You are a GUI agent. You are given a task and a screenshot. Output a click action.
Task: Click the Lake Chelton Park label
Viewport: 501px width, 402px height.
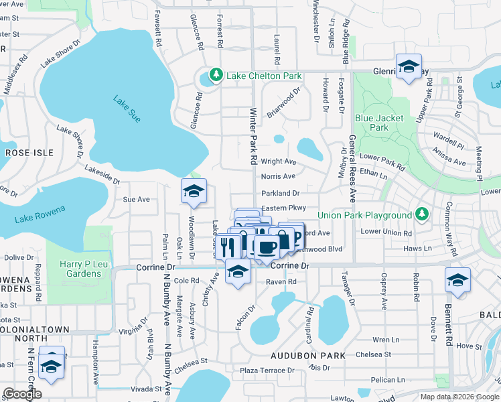[264, 76]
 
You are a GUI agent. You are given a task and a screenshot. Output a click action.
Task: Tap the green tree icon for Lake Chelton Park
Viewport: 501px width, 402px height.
[216, 75]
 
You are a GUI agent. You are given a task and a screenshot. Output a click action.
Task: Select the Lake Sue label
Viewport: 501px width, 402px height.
[127, 109]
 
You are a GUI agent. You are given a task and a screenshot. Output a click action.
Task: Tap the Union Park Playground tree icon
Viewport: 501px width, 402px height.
[421, 214]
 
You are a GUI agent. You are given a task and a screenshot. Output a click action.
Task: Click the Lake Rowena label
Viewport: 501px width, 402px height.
[40, 214]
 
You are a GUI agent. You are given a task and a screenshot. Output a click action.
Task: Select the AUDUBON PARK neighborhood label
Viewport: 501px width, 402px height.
[307, 355]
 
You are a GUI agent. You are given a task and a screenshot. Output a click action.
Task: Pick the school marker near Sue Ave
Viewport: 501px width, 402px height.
[193, 192]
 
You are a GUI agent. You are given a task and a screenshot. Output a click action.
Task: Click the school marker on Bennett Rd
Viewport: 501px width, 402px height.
[457, 279]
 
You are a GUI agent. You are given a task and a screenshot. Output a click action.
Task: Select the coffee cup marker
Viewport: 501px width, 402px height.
[267, 247]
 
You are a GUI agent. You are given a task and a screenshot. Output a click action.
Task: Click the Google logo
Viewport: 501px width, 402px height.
[22, 393]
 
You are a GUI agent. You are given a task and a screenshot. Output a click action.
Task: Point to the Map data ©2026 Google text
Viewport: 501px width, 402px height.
[459, 397]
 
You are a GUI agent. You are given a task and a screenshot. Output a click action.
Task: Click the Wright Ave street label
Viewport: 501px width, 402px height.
[278, 161]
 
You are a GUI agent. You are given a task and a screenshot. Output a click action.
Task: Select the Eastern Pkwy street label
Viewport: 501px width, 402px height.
[283, 208]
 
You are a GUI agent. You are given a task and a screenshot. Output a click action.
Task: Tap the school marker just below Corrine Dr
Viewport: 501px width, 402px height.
[237, 272]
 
